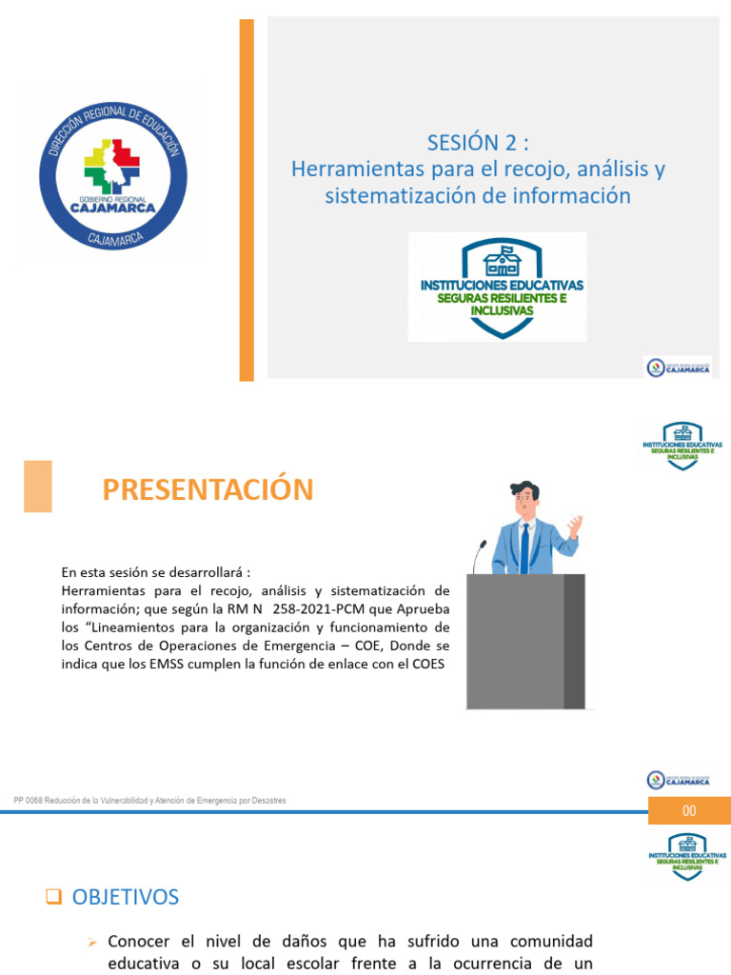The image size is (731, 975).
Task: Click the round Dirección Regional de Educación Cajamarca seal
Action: coord(112,171)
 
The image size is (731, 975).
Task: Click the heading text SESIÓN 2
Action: coord(477,143)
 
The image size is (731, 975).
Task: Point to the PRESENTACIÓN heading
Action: coord(207,489)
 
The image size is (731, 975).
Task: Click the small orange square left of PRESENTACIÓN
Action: coord(38,486)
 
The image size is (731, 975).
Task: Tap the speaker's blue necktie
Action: coord(524,548)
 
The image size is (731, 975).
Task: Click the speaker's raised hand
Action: coord(574,525)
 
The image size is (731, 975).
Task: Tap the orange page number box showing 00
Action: coord(689,810)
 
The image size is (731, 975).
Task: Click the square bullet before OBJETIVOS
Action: coord(53,897)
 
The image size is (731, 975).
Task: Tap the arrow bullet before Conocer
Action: coord(92,942)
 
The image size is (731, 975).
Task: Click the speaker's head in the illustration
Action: coord(524,498)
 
